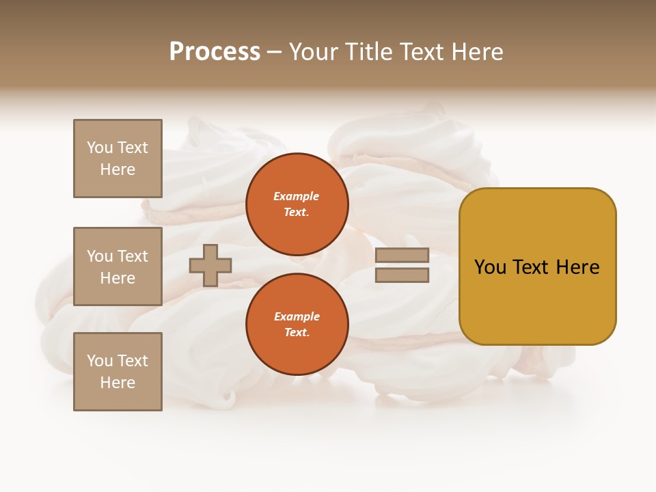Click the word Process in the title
215,52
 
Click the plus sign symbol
210,265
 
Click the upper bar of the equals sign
402,255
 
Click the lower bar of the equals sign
402,275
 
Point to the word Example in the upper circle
296,196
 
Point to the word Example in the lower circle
297,316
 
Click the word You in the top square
99,148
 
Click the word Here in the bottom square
118,383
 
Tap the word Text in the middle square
132,256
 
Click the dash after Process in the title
274,52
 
